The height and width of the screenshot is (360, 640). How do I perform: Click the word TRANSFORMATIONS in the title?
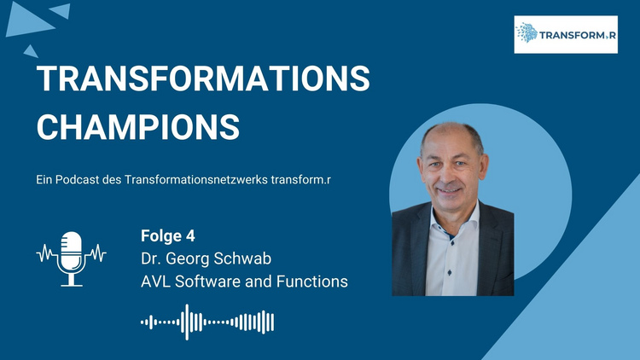coord(203,78)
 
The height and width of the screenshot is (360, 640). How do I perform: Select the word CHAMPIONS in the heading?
coord(138,127)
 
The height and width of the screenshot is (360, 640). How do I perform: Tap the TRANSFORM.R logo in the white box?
coord(566,35)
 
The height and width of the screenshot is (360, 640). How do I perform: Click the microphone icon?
coord(72,258)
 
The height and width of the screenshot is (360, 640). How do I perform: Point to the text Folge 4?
coord(168,236)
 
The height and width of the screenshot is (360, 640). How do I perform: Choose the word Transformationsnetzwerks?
coord(196,180)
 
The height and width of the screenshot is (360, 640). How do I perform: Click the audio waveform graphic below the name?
coord(207,322)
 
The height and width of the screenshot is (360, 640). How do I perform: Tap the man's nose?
coord(449,177)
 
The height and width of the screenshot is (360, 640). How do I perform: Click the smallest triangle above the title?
coord(31,51)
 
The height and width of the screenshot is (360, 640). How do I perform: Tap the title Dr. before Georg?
coord(150,258)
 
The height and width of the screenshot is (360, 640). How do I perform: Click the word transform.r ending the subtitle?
coord(301,180)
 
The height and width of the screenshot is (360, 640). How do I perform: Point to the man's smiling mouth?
coord(449,190)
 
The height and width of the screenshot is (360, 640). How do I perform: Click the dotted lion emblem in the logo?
coord(527,32)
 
